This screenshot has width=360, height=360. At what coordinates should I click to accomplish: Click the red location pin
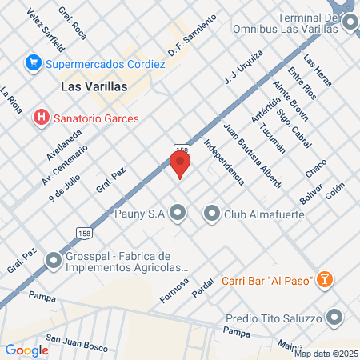pyautogui.click(x=180, y=164)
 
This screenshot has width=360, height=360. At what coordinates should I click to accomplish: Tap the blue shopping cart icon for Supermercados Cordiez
pyautogui.click(x=34, y=62)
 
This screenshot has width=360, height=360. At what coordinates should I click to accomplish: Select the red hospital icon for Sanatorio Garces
pyautogui.click(x=40, y=118)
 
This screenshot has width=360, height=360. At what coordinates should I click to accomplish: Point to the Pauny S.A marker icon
pyautogui.click(x=178, y=213)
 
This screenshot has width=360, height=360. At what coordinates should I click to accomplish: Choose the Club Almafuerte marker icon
pyautogui.click(x=212, y=213)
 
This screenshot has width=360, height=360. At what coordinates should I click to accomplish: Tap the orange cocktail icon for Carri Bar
pyautogui.click(x=325, y=278)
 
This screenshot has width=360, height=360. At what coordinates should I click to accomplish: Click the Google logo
pyautogui.click(x=27, y=350)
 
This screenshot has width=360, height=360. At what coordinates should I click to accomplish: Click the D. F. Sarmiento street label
pyautogui.click(x=192, y=38)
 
